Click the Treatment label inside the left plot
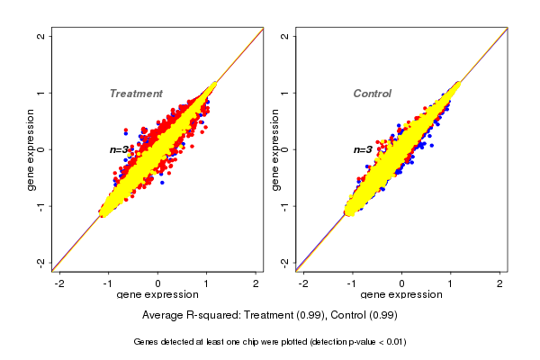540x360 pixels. point(136,94)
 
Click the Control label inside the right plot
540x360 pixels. point(372,94)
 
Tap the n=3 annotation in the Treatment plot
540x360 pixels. point(121,149)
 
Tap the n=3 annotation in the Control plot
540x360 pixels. point(363,149)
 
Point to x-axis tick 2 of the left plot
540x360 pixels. point(256,283)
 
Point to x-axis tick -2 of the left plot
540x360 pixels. point(59,283)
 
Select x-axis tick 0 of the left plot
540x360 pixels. point(158,283)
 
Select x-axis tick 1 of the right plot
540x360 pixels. point(451,283)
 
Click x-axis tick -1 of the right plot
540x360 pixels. point(352,283)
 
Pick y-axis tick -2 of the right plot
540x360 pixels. point(285,262)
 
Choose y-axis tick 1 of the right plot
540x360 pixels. point(285,93)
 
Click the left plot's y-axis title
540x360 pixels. point(31,149)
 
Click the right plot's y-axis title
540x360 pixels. point(274,149)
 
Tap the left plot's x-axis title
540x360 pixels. point(157,295)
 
